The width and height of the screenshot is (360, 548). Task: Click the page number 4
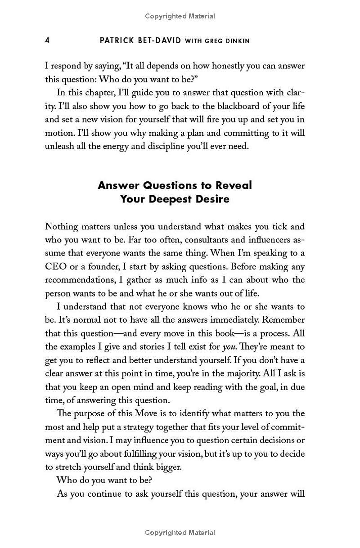(47, 40)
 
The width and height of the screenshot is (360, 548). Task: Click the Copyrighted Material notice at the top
(180, 16)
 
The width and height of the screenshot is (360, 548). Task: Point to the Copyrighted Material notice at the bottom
(180, 533)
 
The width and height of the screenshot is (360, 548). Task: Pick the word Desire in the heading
(211, 199)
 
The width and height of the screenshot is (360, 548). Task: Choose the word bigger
(167, 467)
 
